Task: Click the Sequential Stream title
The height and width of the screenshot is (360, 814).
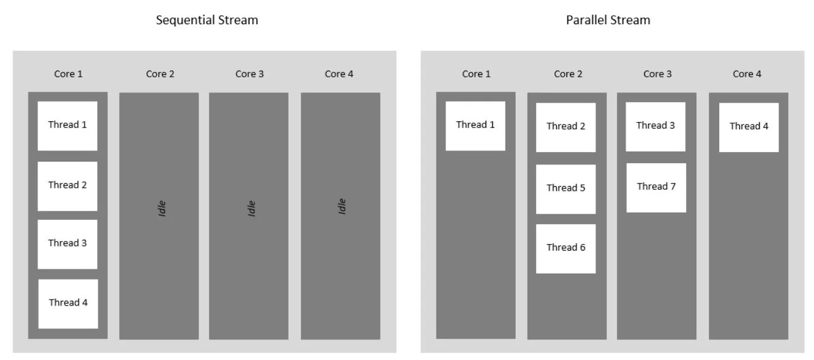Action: coord(207,20)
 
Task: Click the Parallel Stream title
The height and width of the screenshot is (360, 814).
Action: coord(607,20)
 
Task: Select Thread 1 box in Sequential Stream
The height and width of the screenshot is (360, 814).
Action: coord(68,126)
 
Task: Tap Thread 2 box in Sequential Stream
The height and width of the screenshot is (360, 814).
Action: coord(68,185)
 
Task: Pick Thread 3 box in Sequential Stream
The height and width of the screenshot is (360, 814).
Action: coord(68,243)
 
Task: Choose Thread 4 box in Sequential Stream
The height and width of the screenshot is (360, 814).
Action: coord(68,303)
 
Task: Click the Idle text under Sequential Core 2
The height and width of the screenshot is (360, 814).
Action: coord(161,208)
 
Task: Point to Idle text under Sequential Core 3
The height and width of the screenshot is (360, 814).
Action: coord(252,208)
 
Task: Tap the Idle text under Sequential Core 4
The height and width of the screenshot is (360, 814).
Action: coord(342,207)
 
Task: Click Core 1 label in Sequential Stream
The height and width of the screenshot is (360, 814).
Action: coord(68,74)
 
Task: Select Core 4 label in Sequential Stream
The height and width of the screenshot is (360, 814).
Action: coord(339,74)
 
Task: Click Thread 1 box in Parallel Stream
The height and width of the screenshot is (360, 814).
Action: coord(475,126)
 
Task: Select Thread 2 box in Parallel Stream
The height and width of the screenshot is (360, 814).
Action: coord(566,127)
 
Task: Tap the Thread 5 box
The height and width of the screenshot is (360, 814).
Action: coord(566,188)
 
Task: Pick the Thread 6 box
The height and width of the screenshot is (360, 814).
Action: coord(566,248)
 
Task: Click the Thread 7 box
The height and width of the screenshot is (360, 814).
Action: coord(656,187)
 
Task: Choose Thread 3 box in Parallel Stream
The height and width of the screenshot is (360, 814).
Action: coord(655,126)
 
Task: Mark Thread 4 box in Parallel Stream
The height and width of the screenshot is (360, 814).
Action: coord(749,127)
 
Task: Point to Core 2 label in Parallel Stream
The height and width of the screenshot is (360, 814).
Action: coord(568,74)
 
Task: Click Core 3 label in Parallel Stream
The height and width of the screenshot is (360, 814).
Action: coord(657,74)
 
